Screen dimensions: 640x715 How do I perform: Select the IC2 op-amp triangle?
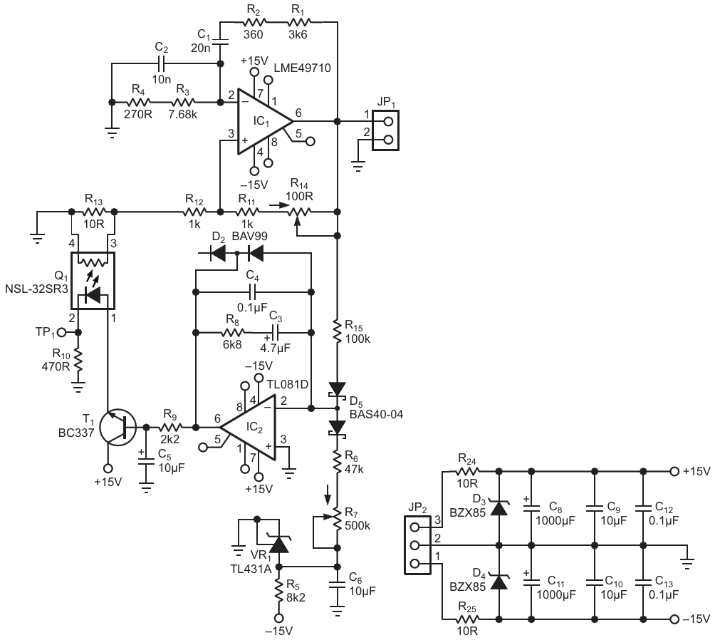pos(249,428)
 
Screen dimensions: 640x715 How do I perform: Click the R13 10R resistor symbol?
pos(93,212)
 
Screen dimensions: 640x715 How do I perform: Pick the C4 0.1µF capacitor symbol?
pos(252,291)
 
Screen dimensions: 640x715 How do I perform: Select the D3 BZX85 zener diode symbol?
pos(499,507)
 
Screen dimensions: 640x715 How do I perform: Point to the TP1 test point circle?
pos(61,333)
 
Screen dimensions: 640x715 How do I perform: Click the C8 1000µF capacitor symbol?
pos(531,507)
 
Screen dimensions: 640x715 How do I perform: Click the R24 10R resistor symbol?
pos(467,471)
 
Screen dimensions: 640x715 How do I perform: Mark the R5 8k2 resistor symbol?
pos(280,589)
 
